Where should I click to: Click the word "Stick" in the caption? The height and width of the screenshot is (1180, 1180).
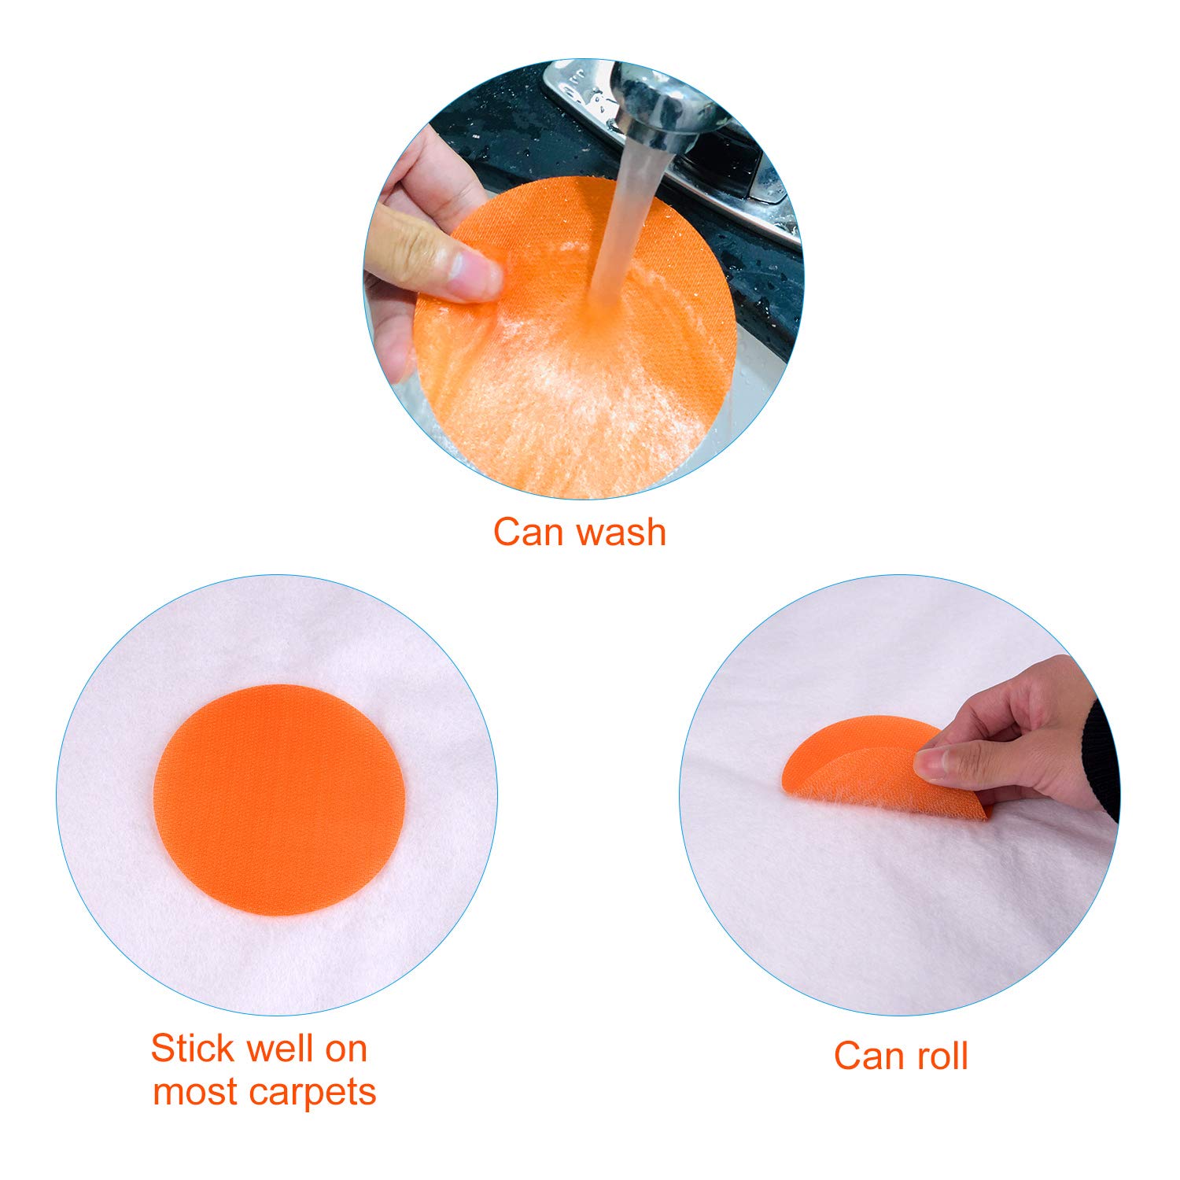pos(192,1048)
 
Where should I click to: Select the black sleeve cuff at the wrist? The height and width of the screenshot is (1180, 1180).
pos(1101,747)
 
